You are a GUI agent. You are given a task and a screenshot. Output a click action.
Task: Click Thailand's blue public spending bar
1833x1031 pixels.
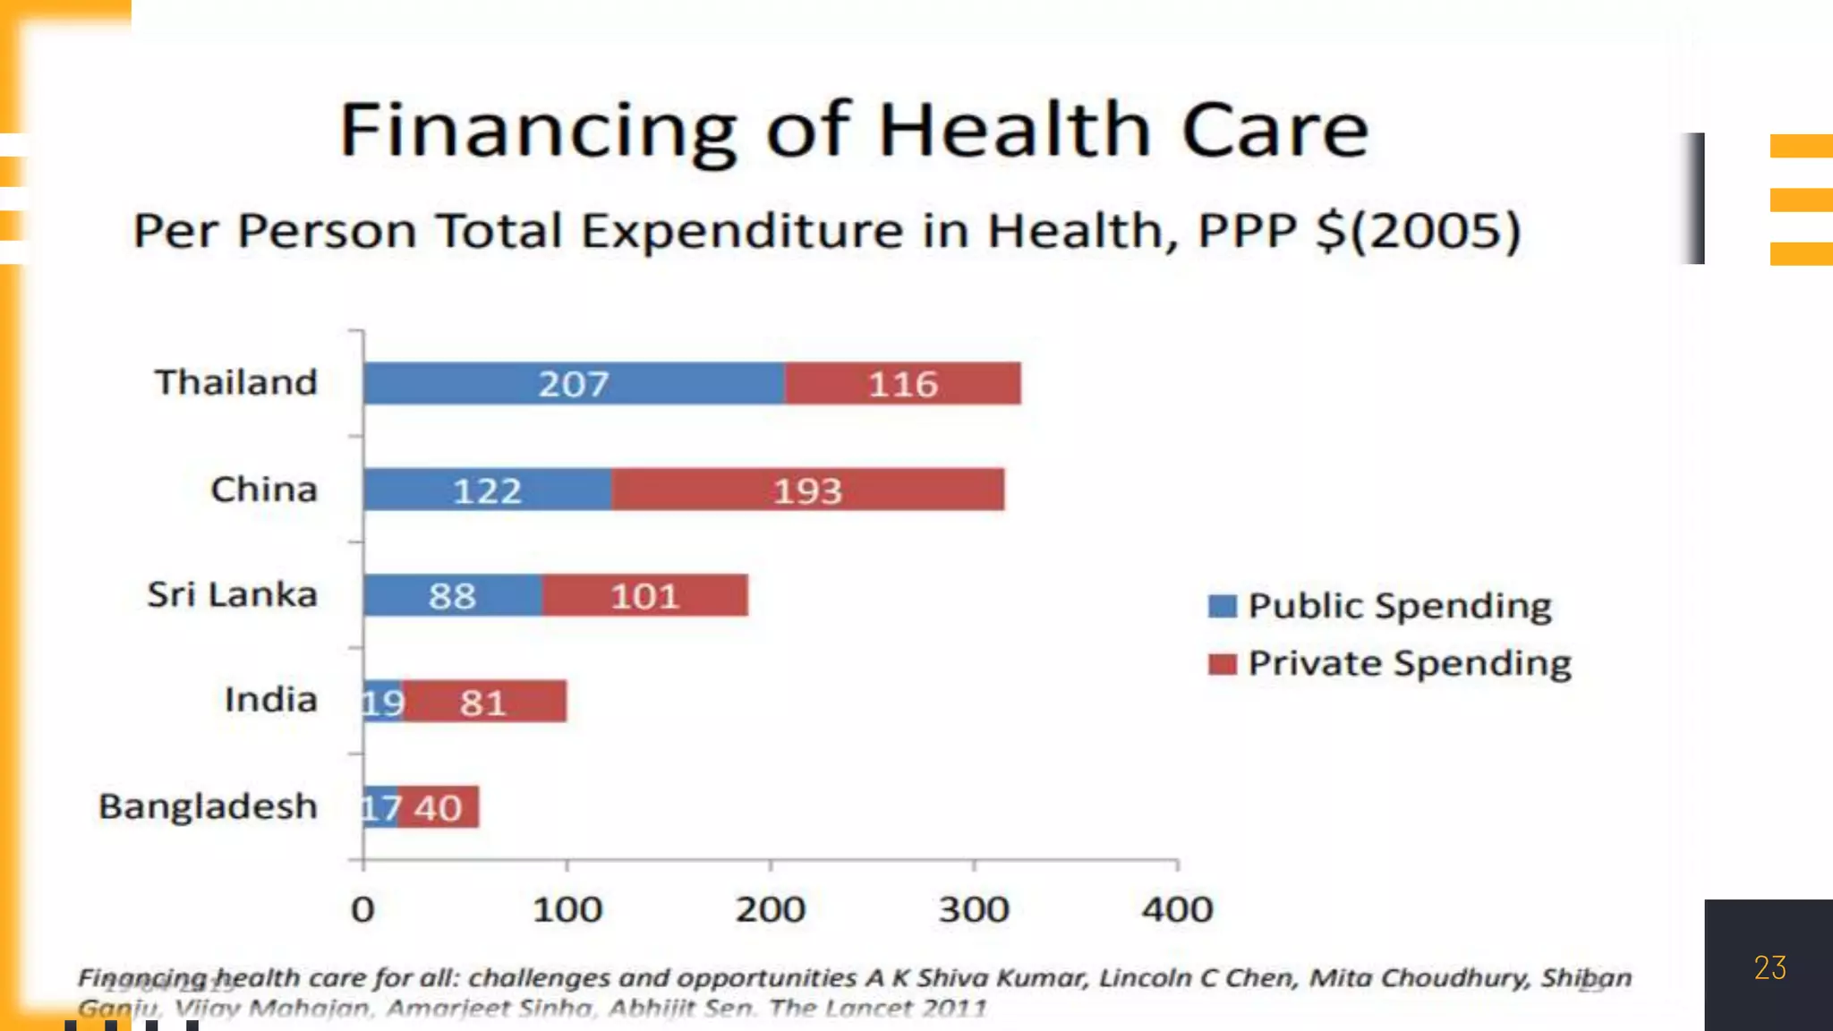574,384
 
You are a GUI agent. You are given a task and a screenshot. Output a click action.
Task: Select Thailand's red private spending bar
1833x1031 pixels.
902,384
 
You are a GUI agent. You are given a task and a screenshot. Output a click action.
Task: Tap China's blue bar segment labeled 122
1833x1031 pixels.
487,490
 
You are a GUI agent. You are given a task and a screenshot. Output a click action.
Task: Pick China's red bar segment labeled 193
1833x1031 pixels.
807,490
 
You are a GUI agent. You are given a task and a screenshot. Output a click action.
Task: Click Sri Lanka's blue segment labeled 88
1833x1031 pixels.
452,595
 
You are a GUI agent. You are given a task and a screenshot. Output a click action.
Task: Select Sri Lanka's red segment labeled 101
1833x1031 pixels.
644,595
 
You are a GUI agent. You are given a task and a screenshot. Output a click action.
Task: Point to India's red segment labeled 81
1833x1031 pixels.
484,702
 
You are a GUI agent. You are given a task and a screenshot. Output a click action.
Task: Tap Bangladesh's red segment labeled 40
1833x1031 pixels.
438,807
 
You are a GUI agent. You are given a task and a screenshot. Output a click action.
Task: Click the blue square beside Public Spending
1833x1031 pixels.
1222,606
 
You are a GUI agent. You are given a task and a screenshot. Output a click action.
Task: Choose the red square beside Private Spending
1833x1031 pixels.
1222,664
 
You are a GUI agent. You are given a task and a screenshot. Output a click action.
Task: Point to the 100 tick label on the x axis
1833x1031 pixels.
567,910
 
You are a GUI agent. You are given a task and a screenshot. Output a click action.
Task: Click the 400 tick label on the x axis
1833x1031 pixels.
1177,910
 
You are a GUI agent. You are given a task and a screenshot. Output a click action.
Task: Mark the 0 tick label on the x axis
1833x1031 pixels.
362,910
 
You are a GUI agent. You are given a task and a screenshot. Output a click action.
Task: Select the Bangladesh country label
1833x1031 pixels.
208,806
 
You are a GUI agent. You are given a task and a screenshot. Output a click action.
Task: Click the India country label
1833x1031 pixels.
270,700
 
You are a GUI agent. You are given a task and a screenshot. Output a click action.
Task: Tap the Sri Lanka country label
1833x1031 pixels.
232,594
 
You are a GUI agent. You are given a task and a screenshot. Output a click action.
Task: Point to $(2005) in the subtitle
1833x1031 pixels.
1419,231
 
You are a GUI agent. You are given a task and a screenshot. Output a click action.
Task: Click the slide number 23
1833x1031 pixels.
1769,967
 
